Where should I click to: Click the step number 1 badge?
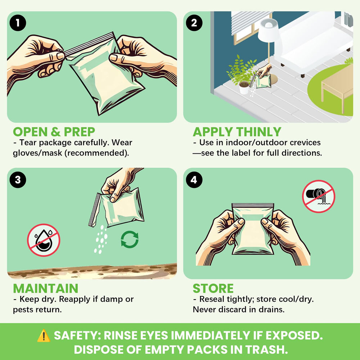pyautogui.click(x=18, y=23)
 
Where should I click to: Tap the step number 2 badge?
pyautogui.click(x=194, y=23)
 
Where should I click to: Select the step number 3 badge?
pyautogui.click(x=18, y=180)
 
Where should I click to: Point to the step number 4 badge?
pyautogui.click(x=194, y=180)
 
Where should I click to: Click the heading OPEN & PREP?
pyautogui.click(x=54, y=132)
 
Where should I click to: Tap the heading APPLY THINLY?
pyautogui.click(x=237, y=132)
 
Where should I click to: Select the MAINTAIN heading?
pyautogui.click(x=46, y=289)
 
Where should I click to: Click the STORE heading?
pyautogui.click(x=213, y=289)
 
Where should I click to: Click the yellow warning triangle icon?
pyautogui.click(x=44, y=336)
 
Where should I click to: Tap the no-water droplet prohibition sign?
pyautogui.click(x=44, y=240)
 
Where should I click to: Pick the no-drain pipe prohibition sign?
pyautogui.click(x=319, y=196)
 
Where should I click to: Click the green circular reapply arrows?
pyautogui.click(x=130, y=239)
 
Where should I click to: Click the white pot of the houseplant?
pyautogui.click(x=244, y=88)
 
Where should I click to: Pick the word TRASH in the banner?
pyautogui.click(x=266, y=350)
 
